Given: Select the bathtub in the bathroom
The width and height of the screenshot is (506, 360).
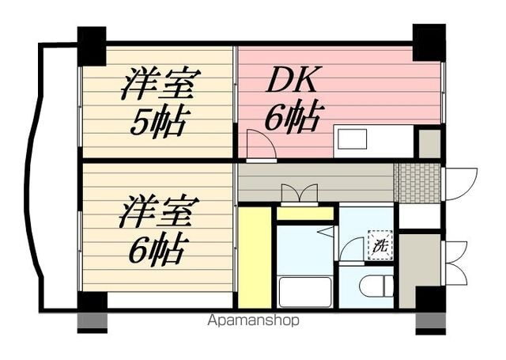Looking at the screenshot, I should point(305,291).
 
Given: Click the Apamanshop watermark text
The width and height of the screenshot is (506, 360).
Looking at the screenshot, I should point(252,321).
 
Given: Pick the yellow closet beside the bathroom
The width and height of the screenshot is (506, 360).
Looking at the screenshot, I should point(254,257).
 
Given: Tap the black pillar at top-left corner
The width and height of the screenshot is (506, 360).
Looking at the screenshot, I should point(92,47).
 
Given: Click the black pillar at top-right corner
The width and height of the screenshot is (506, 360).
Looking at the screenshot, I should point(429,42).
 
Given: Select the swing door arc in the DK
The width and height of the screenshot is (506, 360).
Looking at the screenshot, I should point(259,145).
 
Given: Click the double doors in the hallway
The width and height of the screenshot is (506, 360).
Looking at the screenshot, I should point(299,194).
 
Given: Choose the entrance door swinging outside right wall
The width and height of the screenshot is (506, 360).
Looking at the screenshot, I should point(461,183).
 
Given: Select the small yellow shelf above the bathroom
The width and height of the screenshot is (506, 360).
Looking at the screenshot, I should point(304,213).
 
